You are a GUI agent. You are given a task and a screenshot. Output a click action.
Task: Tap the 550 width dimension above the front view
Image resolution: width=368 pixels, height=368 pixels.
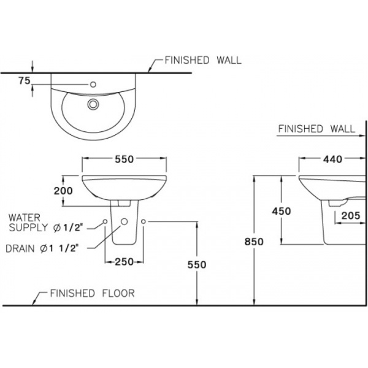(x=124, y=159)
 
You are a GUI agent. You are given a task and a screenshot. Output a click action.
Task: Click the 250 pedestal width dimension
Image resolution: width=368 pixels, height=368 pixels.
(x=124, y=262)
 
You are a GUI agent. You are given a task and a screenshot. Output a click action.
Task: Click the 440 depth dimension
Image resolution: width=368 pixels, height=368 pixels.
(x=332, y=159)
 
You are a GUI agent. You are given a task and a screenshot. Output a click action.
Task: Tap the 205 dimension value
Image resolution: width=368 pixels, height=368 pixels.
(x=350, y=215)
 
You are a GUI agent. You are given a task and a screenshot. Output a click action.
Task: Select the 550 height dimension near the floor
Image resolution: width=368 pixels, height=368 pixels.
(x=197, y=264)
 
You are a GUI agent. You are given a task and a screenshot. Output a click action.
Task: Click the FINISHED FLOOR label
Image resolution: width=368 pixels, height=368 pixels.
(x=92, y=293)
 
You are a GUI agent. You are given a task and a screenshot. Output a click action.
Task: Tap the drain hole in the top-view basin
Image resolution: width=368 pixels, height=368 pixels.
(x=93, y=104)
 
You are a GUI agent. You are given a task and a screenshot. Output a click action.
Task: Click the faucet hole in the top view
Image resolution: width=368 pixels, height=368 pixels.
(x=93, y=84)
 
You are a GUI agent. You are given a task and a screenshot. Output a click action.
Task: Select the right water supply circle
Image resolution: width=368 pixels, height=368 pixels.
(x=143, y=222)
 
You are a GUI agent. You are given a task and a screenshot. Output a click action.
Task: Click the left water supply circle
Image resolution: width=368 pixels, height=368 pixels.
(x=104, y=222)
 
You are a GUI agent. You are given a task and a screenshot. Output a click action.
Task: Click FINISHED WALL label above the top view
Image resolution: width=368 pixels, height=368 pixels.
(x=202, y=60)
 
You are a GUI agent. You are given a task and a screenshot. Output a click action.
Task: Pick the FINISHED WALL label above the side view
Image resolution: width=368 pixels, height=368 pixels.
(x=316, y=129)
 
